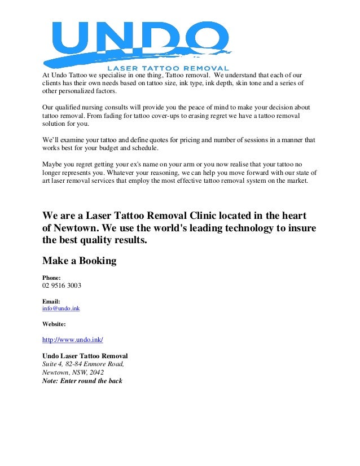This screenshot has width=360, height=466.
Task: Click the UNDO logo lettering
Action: (x=138, y=38)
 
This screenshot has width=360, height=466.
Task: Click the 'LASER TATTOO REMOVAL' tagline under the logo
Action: (x=172, y=69)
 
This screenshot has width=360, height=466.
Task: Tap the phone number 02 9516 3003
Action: (x=62, y=286)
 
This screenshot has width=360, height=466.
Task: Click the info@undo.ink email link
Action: (x=61, y=309)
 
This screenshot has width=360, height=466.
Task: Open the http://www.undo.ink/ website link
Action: (x=73, y=340)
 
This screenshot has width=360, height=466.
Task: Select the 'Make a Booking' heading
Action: (x=80, y=261)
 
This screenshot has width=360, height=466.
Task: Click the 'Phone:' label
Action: (x=52, y=278)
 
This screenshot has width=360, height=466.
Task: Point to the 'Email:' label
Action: (x=51, y=301)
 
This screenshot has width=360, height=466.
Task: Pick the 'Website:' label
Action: (x=54, y=324)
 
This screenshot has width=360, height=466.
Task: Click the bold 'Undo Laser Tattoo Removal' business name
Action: (x=85, y=356)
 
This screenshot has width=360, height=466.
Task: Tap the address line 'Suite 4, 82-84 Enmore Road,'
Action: (x=83, y=364)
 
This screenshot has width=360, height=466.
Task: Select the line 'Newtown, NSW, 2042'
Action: (x=73, y=372)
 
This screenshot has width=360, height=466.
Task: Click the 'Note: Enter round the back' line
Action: (x=82, y=381)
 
